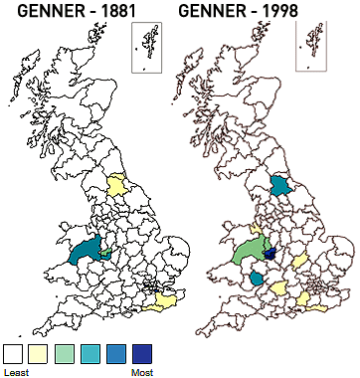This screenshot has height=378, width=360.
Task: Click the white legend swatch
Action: point(13,353)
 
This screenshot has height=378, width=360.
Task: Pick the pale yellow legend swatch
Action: point(39,353)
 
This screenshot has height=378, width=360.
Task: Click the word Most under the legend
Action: point(142,372)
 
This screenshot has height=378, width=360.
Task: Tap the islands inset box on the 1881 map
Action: point(146,48)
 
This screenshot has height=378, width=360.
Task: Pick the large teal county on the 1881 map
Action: point(86,249)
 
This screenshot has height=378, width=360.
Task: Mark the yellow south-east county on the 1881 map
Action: point(159,301)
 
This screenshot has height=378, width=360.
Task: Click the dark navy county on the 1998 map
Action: point(270,254)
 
